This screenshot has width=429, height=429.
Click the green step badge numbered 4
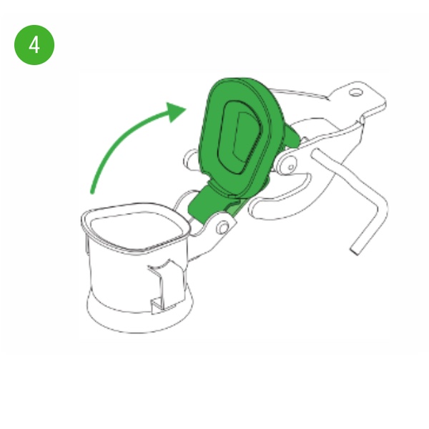(34, 45)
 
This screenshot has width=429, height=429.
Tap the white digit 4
(34, 45)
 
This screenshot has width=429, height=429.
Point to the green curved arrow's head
(175, 112)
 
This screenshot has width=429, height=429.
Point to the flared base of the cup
(139, 315)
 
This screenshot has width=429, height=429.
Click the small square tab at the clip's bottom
(157, 306)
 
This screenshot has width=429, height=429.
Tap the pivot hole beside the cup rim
(224, 227)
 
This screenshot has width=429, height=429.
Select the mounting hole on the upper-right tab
(355, 93)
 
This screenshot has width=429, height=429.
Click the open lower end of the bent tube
(355, 250)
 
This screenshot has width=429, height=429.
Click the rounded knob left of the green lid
(191, 160)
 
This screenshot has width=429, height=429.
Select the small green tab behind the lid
(292, 135)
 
